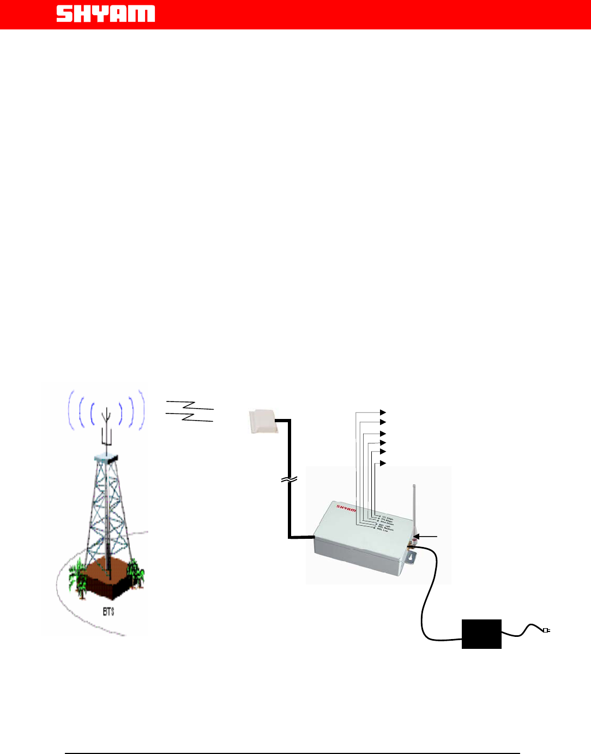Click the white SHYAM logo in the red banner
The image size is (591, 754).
pyautogui.click(x=106, y=14)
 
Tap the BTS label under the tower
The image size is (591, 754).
pyautogui.click(x=108, y=612)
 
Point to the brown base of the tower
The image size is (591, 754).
pyautogui.click(x=109, y=577)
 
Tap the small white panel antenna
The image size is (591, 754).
pyautogui.click(x=263, y=422)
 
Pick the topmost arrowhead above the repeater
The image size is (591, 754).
pyautogui.click(x=383, y=412)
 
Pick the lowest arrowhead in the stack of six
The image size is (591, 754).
pyautogui.click(x=383, y=464)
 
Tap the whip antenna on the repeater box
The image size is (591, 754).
pyautogui.click(x=415, y=507)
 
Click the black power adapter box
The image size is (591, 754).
pyautogui.click(x=481, y=634)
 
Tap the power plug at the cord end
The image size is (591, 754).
pyautogui.click(x=546, y=630)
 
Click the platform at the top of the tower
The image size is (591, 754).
pyautogui.click(x=107, y=458)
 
